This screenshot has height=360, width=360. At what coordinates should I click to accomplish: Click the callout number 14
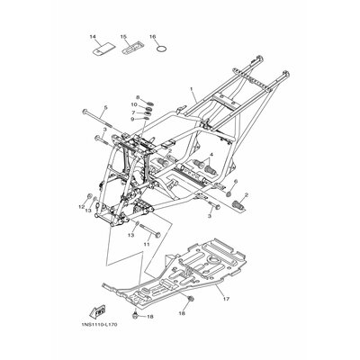(x=91, y=37)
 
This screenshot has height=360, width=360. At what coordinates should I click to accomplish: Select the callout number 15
(x=122, y=37)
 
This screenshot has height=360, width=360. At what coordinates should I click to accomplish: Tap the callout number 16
(x=153, y=37)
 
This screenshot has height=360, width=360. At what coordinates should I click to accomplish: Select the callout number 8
(x=138, y=96)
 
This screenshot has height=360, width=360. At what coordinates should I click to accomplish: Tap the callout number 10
(x=132, y=104)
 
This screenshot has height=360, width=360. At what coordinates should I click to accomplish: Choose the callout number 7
(x=132, y=112)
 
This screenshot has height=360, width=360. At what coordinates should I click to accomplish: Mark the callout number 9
(x=131, y=120)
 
